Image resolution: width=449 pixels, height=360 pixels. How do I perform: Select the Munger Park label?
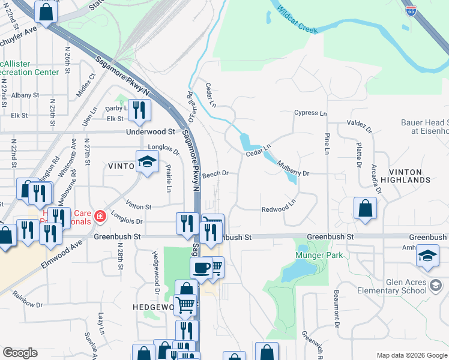click(319, 255)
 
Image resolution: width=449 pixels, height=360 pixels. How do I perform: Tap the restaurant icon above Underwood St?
click(139, 110)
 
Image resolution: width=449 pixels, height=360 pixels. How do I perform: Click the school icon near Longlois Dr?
click(147, 161)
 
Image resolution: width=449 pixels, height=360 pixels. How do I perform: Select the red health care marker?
click(100, 217)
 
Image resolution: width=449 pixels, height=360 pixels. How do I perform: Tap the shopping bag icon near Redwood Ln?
click(365, 209)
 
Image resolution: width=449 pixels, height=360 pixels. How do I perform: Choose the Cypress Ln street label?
click(310, 113)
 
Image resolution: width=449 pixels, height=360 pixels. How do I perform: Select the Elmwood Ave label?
click(62, 255)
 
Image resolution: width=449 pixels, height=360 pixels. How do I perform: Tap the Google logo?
click(20, 352)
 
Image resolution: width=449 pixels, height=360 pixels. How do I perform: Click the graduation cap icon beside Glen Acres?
click(427, 255)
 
